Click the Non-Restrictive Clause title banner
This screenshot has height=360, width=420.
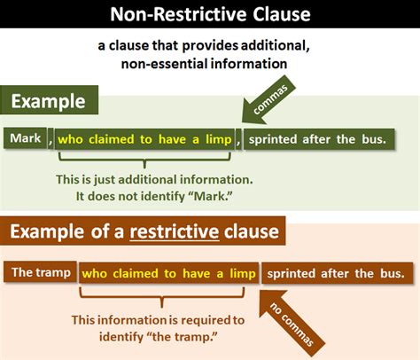(x=210, y=15)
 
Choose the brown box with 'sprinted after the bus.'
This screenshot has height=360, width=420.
(x=339, y=273)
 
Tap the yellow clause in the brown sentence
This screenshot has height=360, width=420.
(x=169, y=273)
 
